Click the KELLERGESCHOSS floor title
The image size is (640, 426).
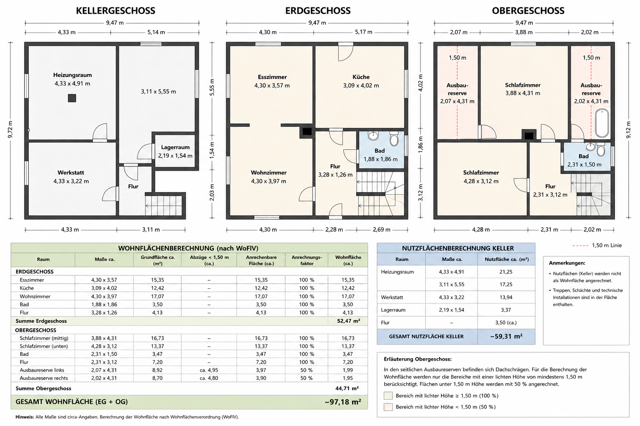click(115, 10)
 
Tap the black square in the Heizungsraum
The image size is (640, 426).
click(72, 98)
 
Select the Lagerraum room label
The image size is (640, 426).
click(175, 147)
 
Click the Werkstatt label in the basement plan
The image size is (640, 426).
click(71, 173)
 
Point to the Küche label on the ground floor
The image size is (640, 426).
click(361, 77)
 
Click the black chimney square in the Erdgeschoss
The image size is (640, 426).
click(307, 131)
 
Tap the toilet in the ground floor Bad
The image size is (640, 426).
click(394, 139)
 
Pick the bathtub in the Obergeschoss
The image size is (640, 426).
click(602, 123)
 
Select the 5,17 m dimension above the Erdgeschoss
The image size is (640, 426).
click(363, 32)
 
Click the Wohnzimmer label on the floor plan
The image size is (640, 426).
click(269, 173)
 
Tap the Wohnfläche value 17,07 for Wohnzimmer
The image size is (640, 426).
click(348, 297)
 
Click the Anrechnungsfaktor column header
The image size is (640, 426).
click(307, 260)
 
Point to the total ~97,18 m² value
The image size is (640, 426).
click(342, 402)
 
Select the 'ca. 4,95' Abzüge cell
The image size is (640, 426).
click(209, 370)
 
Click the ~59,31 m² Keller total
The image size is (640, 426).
click(506, 337)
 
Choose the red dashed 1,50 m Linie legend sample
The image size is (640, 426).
click(580, 246)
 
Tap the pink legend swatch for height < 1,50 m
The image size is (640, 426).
click(388, 407)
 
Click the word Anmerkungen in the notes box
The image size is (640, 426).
click(567, 263)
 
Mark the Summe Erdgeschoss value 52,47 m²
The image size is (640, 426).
click(348, 321)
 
